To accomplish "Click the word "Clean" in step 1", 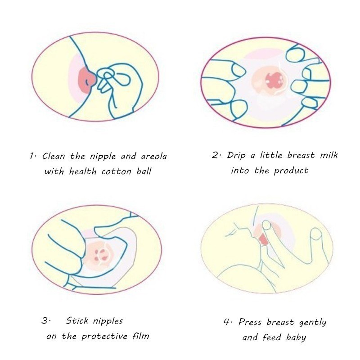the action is pyautogui.click(x=54, y=156).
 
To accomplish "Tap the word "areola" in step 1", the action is pyautogui.click(x=154, y=156).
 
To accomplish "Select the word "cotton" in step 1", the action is pyautogui.click(x=117, y=171).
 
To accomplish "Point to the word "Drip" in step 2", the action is pyautogui.click(x=236, y=156).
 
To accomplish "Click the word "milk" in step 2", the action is pyautogui.click(x=329, y=155).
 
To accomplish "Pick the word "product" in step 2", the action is pyautogui.click(x=291, y=171).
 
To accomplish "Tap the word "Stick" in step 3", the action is pyautogui.click(x=77, y=320).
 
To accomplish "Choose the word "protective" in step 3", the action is pyautogui.click(x=104, y=337).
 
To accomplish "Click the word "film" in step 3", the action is pyautogui.click(x=141, y=336).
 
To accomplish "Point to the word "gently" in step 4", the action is pyautogui.click(x=313, y=323).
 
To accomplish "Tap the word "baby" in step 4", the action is pyautogui.click(x=296, y=338).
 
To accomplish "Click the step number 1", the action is pyautogui.click(x=31, y=156).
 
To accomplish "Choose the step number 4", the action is pyautogui.click(x=227, y=322).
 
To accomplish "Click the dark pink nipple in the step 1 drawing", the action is pyautogui.click(x=87, y=79).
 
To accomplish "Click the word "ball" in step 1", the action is pyautogui.click(x=144, y=171).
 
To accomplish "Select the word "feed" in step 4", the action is pyautogui.click(x=272, y=337).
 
